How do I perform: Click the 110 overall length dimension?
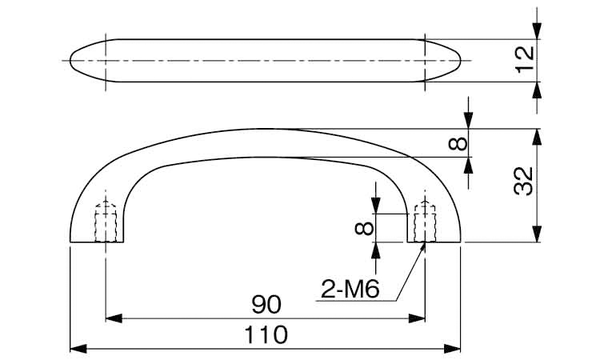[x=266, y=334]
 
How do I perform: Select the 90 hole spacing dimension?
[x=266, y=305]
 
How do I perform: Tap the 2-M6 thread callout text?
[x=350, y=289]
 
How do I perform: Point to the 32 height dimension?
[x=524, y=182]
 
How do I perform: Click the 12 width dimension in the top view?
[x=524, y=59]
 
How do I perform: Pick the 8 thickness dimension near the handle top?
[x=458, y=143]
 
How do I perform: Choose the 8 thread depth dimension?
[x=364, y=228]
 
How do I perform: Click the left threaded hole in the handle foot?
[x=106, y=222]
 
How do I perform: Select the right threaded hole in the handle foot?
[x=425, y=222]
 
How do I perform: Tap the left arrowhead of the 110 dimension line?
[x=78, y=349]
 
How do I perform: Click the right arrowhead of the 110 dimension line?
[x=452, y=349]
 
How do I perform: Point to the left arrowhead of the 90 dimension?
[x=114, y=318]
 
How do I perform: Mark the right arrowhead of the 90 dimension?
[x=417, y=318]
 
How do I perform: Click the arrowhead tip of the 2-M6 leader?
[x=425, y=243]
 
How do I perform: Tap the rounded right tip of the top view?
[x=460, y=61]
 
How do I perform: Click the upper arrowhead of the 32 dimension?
[x=538, y=137]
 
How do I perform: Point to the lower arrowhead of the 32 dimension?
[x=538, y=234]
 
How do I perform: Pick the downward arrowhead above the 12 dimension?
[x=538, y=31]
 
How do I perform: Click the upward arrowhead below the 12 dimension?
[x=538, y=90]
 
